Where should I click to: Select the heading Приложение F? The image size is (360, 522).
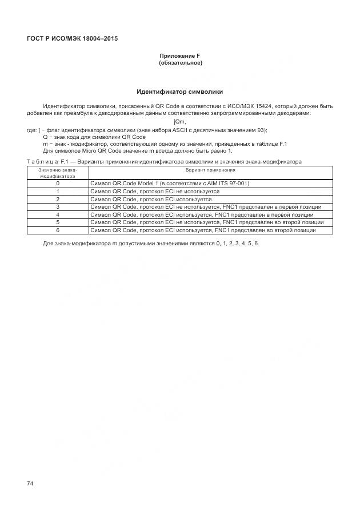coord(180,56)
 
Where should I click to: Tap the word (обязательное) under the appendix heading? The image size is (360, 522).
coord(180,62)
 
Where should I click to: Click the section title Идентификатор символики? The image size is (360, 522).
coord(180,91)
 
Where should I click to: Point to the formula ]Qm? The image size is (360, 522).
coord(179,121)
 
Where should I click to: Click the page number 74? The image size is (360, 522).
coord(30,484)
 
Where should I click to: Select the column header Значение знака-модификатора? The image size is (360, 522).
coord(57,173)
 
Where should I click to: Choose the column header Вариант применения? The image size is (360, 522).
coord(210,170)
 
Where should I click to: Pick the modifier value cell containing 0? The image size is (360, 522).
coord(57,184)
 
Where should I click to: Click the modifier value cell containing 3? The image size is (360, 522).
coord(57,206)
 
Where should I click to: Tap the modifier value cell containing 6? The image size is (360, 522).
coord(57,230)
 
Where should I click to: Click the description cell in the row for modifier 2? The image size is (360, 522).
coord(151,199)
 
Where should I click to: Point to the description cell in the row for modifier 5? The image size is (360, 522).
coord(207,222)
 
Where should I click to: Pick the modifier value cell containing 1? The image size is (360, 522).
coord(57,191)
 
